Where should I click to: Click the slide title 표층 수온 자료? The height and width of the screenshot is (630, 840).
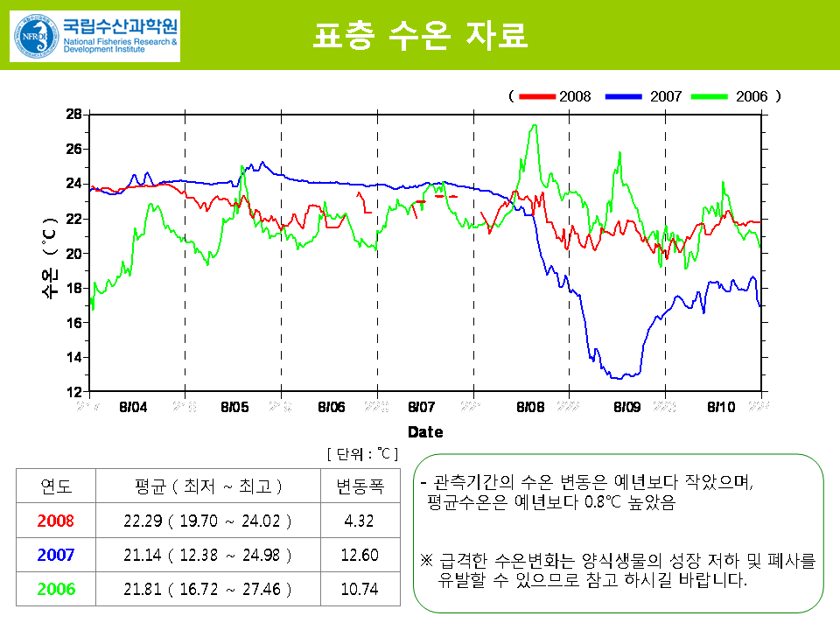[420, 36]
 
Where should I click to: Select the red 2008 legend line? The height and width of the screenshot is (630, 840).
[537, 96]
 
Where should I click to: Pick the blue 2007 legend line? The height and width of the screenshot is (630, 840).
[623, 96]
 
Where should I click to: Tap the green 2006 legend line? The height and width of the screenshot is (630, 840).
[710, 96]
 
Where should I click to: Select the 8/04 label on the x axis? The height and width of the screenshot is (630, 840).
[133, 407]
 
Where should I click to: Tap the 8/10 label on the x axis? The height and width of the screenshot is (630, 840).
[721, 407]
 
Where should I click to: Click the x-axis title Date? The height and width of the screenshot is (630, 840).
[425, 431]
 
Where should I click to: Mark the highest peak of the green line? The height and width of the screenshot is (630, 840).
[534, 125]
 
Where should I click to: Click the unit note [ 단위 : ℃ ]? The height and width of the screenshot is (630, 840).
[362, 453]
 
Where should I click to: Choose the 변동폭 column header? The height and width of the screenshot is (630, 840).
[360, 486]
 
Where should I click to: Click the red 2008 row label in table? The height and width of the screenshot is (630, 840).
[56, 521]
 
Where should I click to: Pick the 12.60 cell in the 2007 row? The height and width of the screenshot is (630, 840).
[360, 555]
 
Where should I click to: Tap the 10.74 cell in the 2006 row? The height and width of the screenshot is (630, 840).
[360, 589]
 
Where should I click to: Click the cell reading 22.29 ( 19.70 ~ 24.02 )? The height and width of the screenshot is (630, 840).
[207, 521]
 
